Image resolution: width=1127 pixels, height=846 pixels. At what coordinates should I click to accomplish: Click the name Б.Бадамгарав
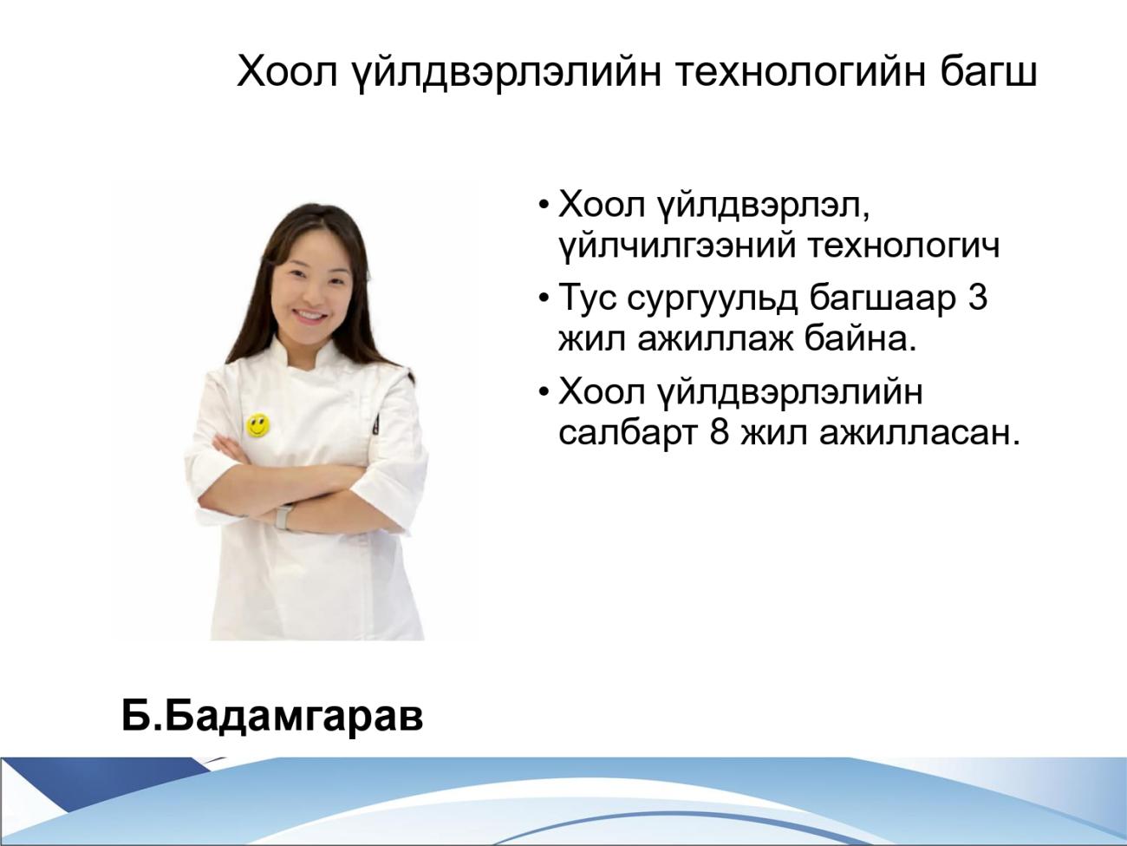pyautogui.click(x=272, y=717)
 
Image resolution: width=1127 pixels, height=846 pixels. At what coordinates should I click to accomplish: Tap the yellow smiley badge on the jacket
pyautogui.click(x=257, y=425)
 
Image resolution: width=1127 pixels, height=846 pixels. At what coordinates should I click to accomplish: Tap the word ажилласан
pyautogui.click(x=919, y=434)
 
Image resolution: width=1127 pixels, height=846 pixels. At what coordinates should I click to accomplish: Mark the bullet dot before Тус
pyautogui.click(x=544, y=298)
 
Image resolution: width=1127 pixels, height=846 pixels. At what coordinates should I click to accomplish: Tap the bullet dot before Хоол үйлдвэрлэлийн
pyautogui.click(x=544, y=393)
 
